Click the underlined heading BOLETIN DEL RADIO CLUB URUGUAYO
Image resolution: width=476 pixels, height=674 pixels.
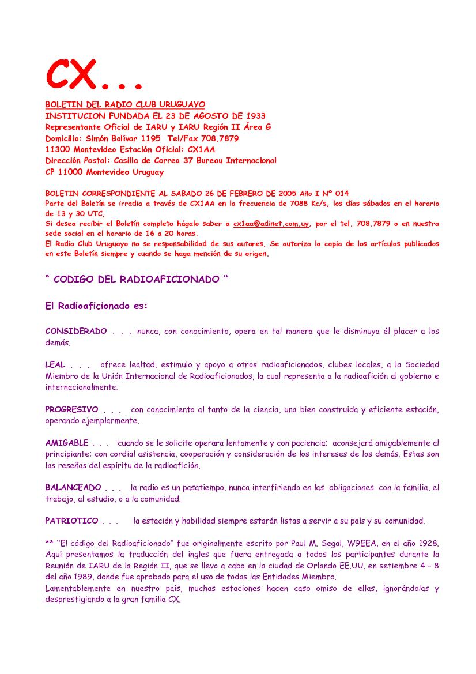pos(125,104)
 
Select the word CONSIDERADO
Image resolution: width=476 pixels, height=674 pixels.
pos(76,332)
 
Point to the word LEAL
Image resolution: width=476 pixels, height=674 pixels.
pos(55,365)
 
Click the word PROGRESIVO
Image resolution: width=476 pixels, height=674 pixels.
pos(72,410)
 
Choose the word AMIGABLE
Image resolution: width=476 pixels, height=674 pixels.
pos(67,443)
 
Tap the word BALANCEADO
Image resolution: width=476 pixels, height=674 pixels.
pos(73,488)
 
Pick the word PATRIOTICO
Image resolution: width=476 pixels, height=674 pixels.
pos(72,521)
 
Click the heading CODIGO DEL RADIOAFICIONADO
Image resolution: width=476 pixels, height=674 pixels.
pos(136,280)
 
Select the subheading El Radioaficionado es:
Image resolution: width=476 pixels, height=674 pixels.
pos(96,306)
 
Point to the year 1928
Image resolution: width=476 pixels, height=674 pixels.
pos(428,544)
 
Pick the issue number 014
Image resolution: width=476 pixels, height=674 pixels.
pos(340,193)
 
